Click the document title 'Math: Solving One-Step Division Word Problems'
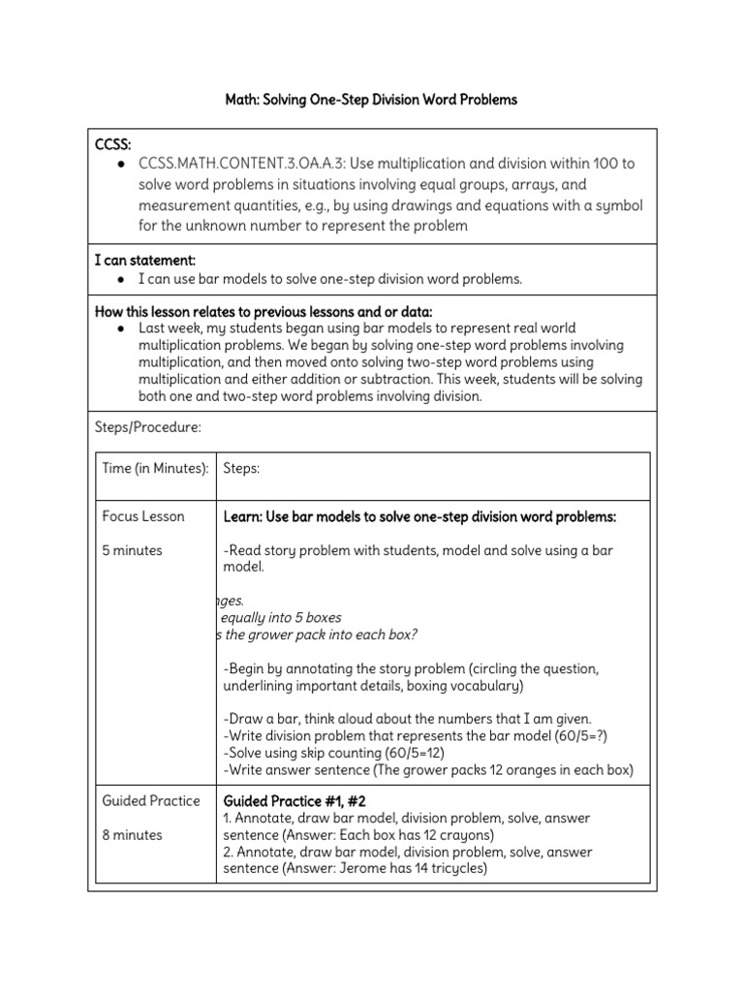372,100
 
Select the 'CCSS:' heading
113,144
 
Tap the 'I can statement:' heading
145,260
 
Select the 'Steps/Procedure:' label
147,426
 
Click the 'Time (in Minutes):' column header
155,468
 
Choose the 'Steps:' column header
241,468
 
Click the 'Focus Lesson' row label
143,516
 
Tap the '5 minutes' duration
133,550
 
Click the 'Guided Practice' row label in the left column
151,800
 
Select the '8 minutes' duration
133,834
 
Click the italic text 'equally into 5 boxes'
281,617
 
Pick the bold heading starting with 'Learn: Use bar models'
419,516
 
